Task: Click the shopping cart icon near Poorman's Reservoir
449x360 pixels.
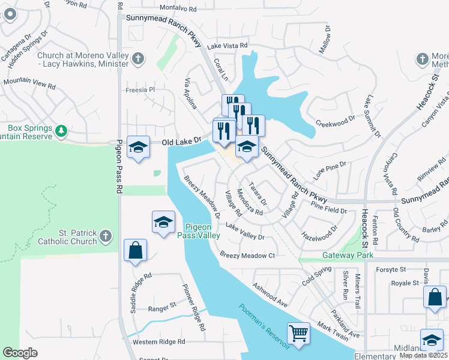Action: pyautogui.click(x=298, y=332)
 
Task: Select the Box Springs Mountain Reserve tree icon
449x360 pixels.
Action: pyautogui.click(x=61, y=131)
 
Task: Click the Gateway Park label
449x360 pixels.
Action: pyautogui.click(x=348, y=255)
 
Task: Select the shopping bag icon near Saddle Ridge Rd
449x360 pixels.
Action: pyautogui.click(x=135, y=250)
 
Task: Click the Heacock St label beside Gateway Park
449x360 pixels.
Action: pyautogui.click(x=364, y=229)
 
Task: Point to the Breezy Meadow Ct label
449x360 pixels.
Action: pyautogui.click(x=247, y=255)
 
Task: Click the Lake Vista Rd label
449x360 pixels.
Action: pyautogui.click(x=227, y=46)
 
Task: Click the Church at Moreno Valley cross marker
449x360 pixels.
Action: pyautogui.click(x=139, y=58)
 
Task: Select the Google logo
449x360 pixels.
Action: pyautogui.click(x=20, y=353)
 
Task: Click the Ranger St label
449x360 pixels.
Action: pyautogui.click(x=162, y=305)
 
